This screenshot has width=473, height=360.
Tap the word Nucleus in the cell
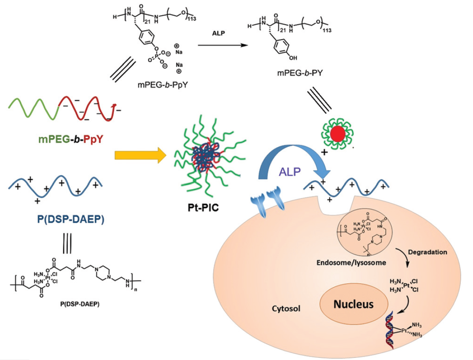(x=353, y=304)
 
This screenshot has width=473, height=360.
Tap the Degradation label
(x=427, y=252)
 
